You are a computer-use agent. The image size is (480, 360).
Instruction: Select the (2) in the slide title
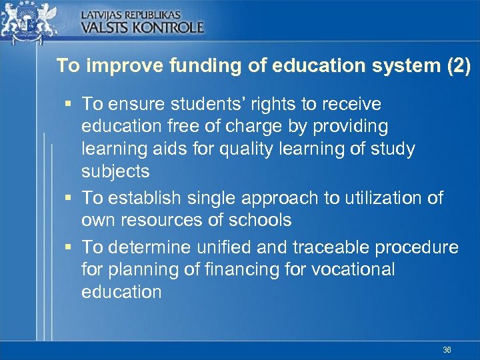click(457, 66)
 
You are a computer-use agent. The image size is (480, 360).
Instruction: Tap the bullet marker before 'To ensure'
click(69, 104)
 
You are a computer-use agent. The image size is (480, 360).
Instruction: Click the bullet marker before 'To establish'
click(69, 198)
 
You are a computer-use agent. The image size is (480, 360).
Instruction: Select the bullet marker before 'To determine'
click(69, 247)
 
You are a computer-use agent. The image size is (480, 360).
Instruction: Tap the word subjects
click(115, 171)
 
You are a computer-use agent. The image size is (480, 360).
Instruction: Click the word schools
click(260, 220)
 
